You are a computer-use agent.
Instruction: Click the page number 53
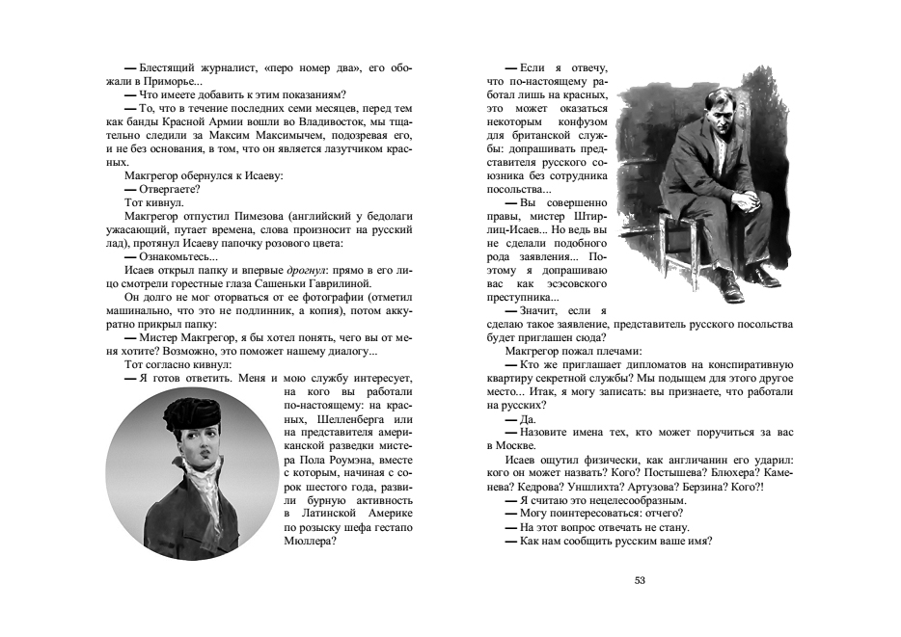click(639, 579)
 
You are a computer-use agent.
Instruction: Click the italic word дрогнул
click(306, 271)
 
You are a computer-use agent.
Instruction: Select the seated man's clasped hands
click(742, 202)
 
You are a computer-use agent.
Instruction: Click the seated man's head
click(711, 97)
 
